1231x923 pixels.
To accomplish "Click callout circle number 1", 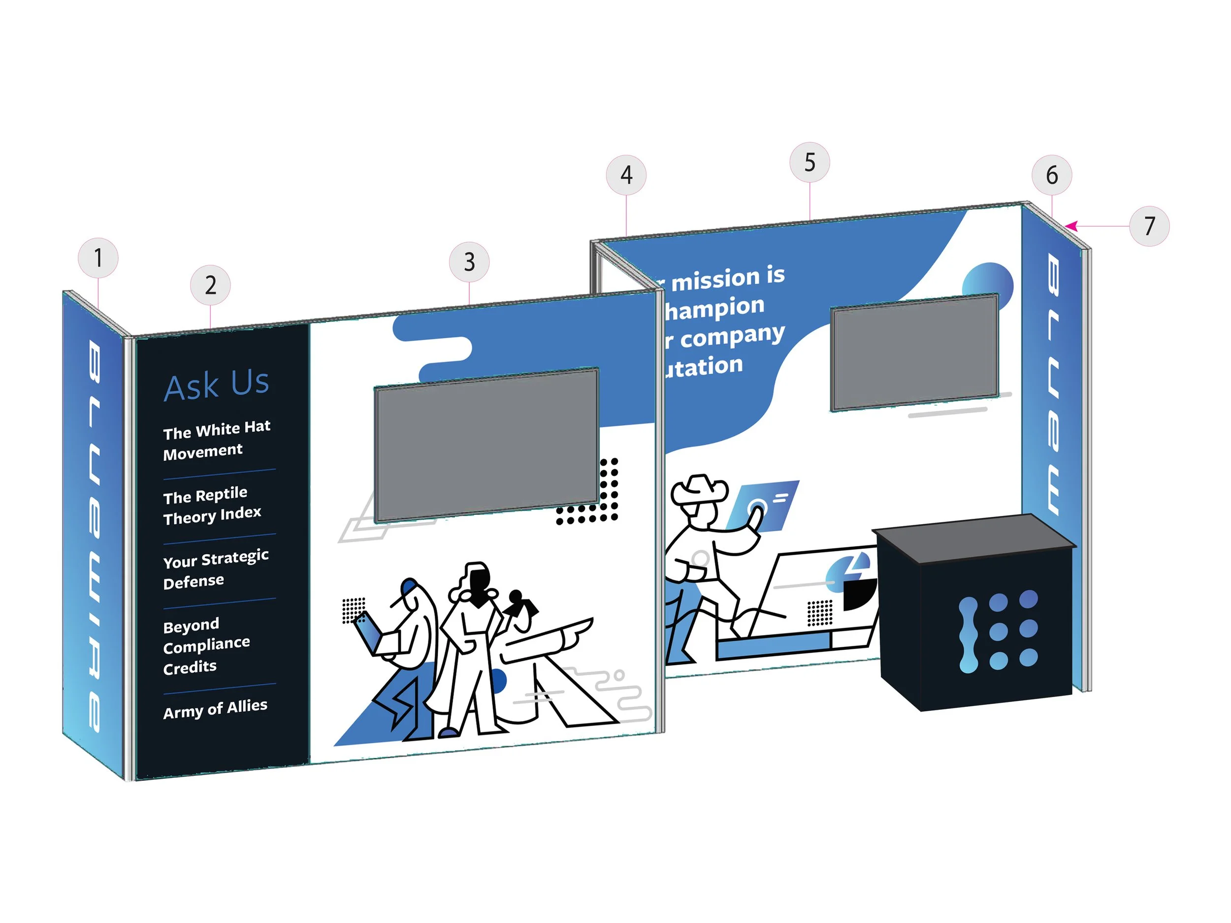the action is (x=98, y=257).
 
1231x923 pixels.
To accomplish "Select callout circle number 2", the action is (x=210, y=285).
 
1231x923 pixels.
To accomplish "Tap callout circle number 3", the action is (x=469, y=261).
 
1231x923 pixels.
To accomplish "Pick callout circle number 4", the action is (x=626, y=175).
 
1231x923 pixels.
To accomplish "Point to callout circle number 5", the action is (x=810, y=162).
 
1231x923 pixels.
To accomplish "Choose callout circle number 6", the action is (x=1051, y=175).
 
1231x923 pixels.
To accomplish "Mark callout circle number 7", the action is (x=1149, y=226).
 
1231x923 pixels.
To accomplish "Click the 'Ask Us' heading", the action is (x=217, y=384).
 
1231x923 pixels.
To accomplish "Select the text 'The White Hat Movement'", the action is (x=216, y=441).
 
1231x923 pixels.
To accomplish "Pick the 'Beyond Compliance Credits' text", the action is (x=206, y=645).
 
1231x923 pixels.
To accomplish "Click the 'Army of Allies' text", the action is (x=215, y=709).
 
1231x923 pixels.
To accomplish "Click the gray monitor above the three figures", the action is (x=486, y=445).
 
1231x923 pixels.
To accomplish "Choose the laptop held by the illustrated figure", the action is (x=368, y=633).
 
